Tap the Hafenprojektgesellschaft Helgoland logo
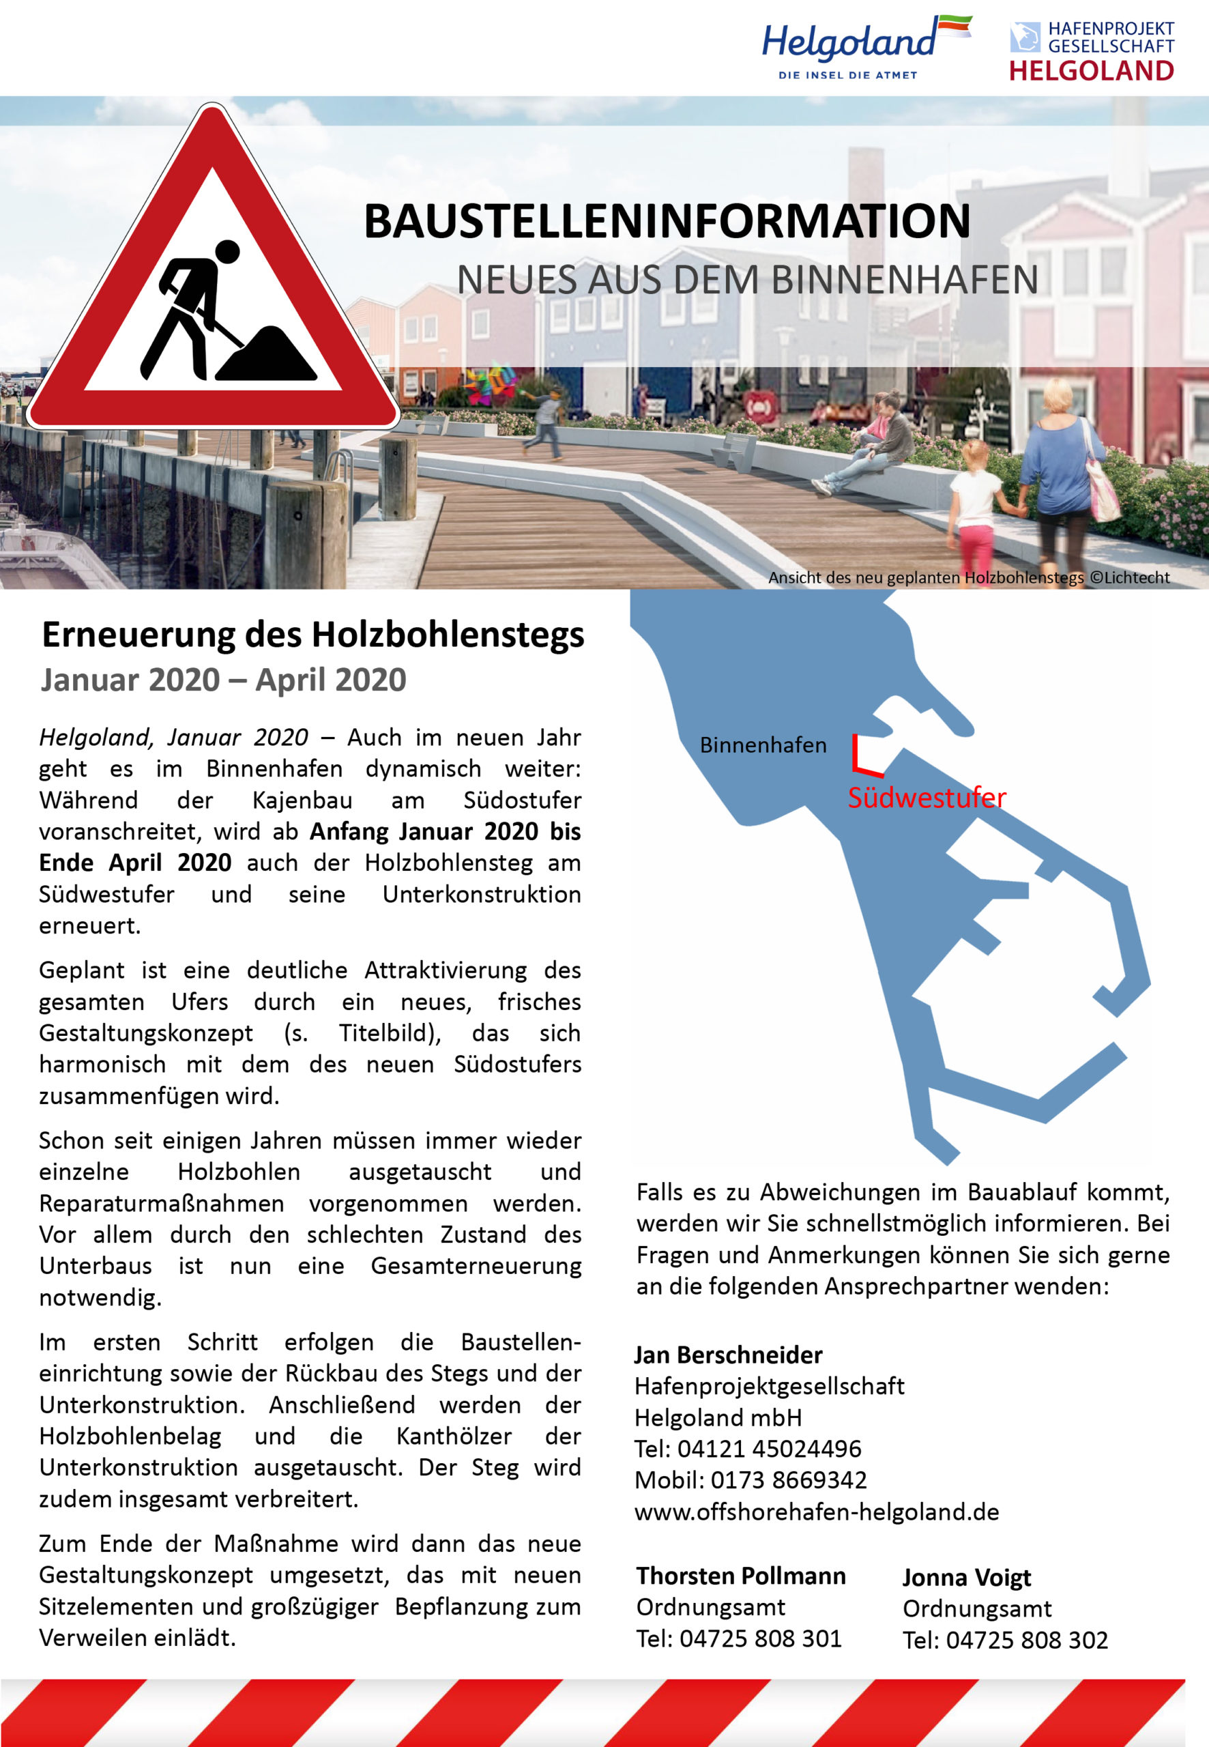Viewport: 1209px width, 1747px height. click(1091, 50)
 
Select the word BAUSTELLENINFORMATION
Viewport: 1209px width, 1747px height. click(667, 221)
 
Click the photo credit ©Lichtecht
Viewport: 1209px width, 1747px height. click(1128, 577)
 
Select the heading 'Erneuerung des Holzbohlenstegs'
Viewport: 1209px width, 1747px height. click(313, 634)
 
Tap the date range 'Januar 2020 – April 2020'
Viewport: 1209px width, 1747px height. click(224, 680)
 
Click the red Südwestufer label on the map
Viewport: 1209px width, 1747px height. click(927, 797)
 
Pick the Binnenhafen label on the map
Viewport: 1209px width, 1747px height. click(763, 745)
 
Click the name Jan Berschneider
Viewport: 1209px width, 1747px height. click(728, 1355)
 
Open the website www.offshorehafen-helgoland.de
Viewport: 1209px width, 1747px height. click(817, 1512)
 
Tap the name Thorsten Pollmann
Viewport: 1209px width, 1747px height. click(740, 1576)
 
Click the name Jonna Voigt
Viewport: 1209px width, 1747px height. click(967, 1577)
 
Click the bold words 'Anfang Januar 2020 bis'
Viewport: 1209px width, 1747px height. click(445, 831)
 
